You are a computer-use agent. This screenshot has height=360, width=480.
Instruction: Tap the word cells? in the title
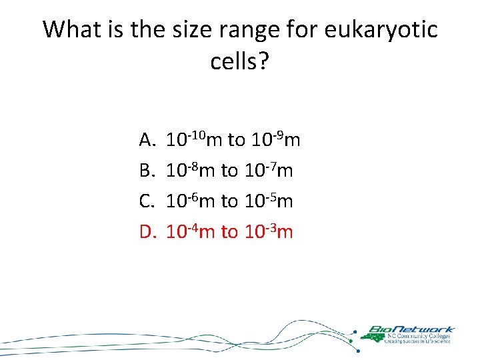[239, 62]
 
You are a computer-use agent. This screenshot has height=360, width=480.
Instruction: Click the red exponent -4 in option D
[193, 227]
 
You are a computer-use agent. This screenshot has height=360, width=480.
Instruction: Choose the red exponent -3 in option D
[271, 227]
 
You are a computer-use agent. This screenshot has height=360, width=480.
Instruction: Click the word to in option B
[229, 171]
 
